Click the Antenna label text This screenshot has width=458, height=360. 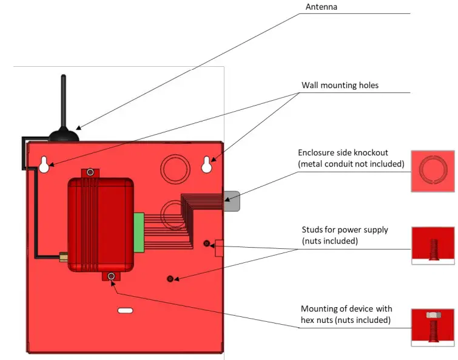click(321, 7)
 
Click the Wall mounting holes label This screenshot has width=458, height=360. click(340, 85)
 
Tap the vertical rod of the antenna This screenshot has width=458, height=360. click(63, 97)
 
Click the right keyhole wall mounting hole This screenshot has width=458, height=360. click(207, 164)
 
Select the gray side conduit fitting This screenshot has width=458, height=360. click(232, 201)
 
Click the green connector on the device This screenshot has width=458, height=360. click(139, 232)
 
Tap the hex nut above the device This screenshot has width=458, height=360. click(90, 173)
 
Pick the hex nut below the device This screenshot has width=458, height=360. click(111, 277)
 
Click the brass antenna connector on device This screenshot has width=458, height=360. click(62, 256)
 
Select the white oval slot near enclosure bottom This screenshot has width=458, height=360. click(125, 310)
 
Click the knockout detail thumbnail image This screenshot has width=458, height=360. click(433, 172)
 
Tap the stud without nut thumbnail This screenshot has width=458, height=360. click(433, 246)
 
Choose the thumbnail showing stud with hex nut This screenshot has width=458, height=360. click(433, 328)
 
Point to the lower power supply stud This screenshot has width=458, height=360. click(170, 279)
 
